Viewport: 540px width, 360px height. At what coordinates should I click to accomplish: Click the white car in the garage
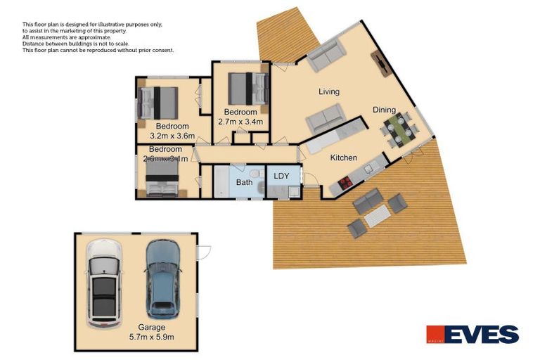coord(104,283)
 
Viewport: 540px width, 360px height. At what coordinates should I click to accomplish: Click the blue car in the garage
coord(163,278)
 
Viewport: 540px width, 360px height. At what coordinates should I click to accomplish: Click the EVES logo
coord(472,335)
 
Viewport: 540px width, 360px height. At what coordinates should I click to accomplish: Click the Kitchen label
coord(344,158)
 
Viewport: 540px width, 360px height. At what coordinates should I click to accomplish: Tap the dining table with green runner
coord(400,129)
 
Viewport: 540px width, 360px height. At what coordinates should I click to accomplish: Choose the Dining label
coord(385,110)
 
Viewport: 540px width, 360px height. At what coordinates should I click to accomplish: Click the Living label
coord(329,92)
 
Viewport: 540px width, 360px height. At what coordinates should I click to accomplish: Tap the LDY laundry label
coord(281,176)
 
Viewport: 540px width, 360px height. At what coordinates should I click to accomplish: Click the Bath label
coord(244,183)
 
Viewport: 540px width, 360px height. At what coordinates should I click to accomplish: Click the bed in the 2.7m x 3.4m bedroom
coord(248,89)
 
